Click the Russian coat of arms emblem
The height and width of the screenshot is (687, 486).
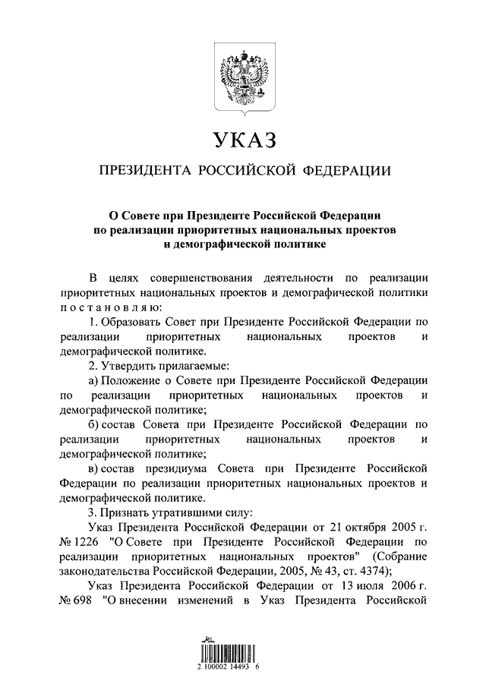(243, 77)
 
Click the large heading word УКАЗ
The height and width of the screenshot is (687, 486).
(243, 140)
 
